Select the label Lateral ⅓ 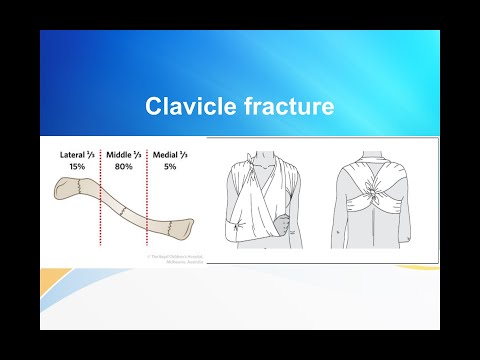tap(78, 156)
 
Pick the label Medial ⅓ tap(170, 156)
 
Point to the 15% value tap(78, 168)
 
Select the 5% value tap(170, 168)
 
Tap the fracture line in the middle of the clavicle tap(121, 213)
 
